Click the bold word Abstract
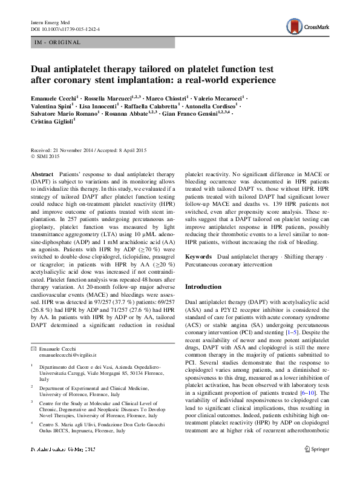coord(42,173)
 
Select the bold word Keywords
coord(198,257)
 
